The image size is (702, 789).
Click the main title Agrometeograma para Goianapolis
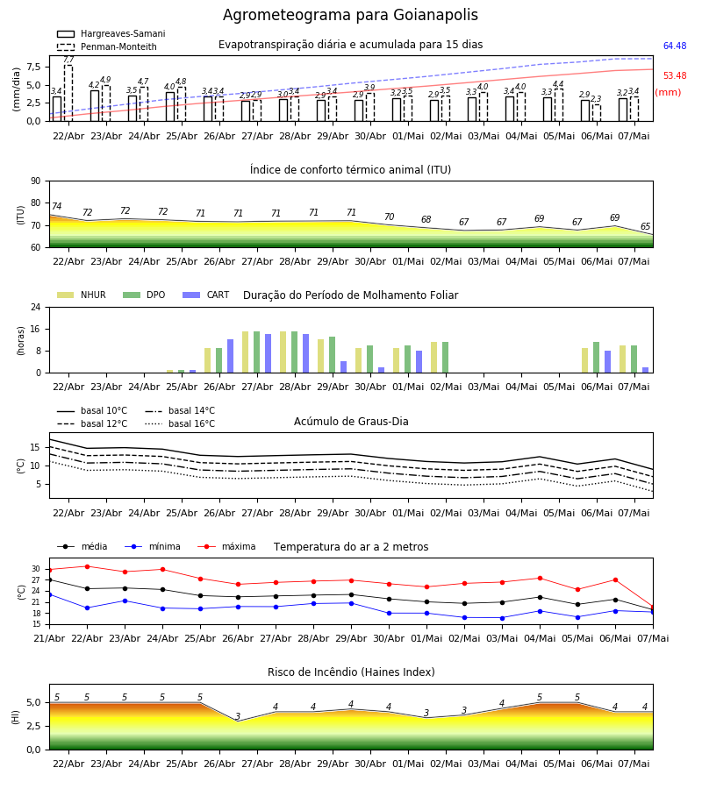pyautogui.click(x=350, y=15)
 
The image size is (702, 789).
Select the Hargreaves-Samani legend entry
pyautogui.click(x=111, y=33)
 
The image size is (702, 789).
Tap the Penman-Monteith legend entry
pyautogui.click(x=107, y=46)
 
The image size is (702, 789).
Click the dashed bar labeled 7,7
pyautogui.click(x=68, y=93)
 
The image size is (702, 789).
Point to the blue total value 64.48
pyautogui.click(x=675, y=46)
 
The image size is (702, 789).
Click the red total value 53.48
pyautogui.click(x=675, y=75)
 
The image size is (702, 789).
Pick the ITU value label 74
pyautogui.click(x=56, y=206)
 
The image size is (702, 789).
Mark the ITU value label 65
pyautogui.click(x=645, y=226)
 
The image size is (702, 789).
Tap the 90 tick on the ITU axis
pyautogui.click(x=36, y=181)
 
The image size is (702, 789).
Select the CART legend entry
pyautogui.click(x=206, y=295)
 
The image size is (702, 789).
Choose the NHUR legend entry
pyautogui.click(x=81, y=295)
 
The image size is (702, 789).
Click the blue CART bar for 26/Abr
pyautogui.click(x=230, y=356)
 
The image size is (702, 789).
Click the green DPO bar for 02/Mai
pyautogui.click(x=445, y=358)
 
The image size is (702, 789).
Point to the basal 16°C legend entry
pyautogui.click(x=180, y=423)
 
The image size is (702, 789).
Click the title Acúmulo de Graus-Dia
pyautogui.click(x=351, y=421)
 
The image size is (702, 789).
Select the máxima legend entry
pyautogui.click(x=226, y=546)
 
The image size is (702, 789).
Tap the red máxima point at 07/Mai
pyautogui.click(x=653, y=607)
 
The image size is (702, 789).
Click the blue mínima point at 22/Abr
pyautogui.click(x=87, y=608)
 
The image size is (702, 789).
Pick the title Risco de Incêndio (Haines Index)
pyautogui.click(x=351, y=672)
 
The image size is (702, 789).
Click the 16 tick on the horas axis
pyautogui.click(x=36, y=329)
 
